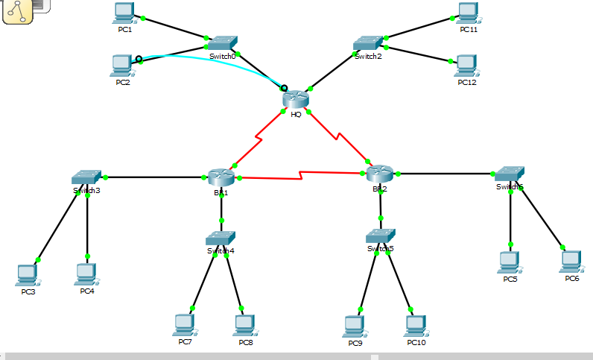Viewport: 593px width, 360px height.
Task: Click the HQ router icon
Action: click(x=296, y=98)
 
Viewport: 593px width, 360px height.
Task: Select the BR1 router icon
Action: click(x=221, y=177)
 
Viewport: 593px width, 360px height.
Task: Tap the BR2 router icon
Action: click(x=380, y=174)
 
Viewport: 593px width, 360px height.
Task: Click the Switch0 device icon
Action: click(x=222, y=43)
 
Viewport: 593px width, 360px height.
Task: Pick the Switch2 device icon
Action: click(x=368, y=43)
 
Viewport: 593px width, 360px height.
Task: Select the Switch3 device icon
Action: click(x=87, y=177)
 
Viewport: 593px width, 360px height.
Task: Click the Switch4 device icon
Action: click(x=221, y=239)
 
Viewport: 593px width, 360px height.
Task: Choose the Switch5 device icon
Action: click(x=381, y=236)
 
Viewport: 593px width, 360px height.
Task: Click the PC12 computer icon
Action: click(x=466, y=66)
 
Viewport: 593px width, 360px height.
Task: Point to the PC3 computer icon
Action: click(x=28, y=275)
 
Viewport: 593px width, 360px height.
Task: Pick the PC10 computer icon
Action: click(x=416, y=326)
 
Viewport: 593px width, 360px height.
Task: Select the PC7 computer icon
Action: click(x=184, y=325)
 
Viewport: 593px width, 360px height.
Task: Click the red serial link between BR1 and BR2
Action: click(x=298, y=177)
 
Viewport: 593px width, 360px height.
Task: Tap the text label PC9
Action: click(x=356, y=343)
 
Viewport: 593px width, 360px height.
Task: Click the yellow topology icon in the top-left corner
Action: click(x=17, y=11)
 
